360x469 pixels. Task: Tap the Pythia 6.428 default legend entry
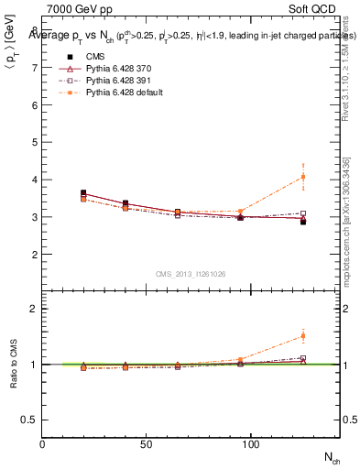pos(116,93)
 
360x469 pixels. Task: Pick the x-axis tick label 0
pos(42,443)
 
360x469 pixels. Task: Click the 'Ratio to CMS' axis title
pos(14,364)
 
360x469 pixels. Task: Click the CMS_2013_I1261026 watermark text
pos(191,274)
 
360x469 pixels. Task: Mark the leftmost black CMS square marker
pos(84,193)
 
